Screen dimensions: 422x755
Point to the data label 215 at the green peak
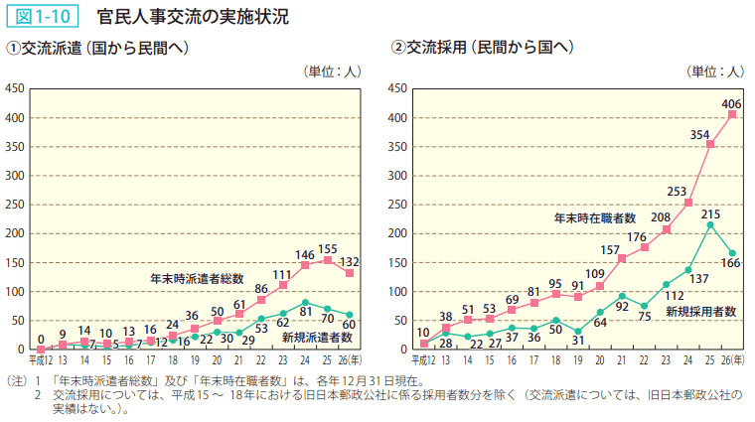click(x=710, y=214)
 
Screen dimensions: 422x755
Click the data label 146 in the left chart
click(x=306, y=255)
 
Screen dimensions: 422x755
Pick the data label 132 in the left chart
click(x=350, y=262)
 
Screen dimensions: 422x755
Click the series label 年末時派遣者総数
click(x=197, y=277)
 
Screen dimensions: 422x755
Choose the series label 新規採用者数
click(x=700, y=311)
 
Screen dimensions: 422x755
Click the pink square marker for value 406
click(x=732, y=115)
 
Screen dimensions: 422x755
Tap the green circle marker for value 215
click(x=710, y=225)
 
